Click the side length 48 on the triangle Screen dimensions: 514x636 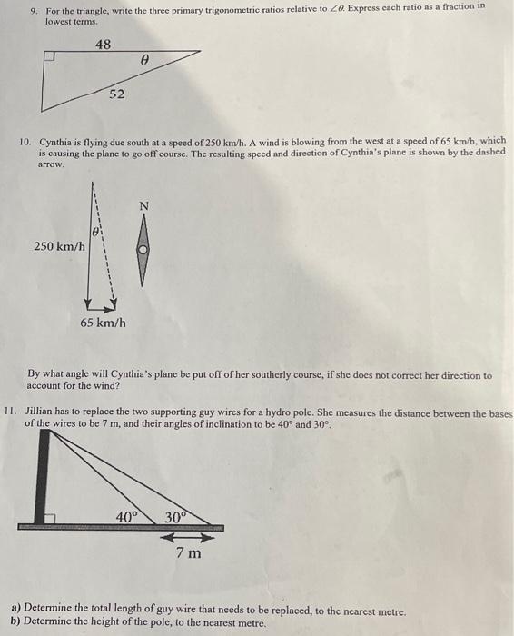tap(104, 45)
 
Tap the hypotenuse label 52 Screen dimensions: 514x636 tap(117, 94)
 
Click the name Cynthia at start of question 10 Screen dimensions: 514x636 tap(56, 143)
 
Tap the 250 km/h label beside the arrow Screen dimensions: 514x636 tap(60, 246)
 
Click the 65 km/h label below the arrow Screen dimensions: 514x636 tap(102, 323)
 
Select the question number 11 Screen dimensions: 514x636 tap(12, 411)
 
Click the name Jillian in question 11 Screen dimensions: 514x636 tap(41, 411)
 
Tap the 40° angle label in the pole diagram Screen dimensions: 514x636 tap(128, 517)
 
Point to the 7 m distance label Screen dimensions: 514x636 tap(189, 553)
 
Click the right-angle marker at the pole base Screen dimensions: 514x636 tap(52, 519)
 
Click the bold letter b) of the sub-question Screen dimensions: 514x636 tap(15, 623)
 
